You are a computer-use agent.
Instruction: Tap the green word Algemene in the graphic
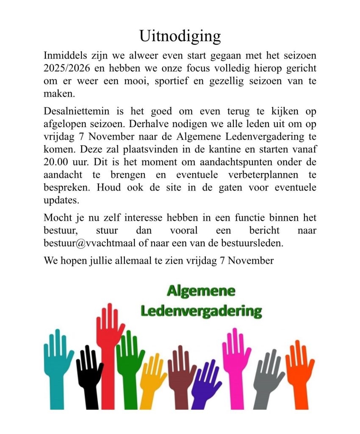(201, 291)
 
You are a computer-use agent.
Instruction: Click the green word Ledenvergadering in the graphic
(201, 312)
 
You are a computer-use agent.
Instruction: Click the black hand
(89, 373)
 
